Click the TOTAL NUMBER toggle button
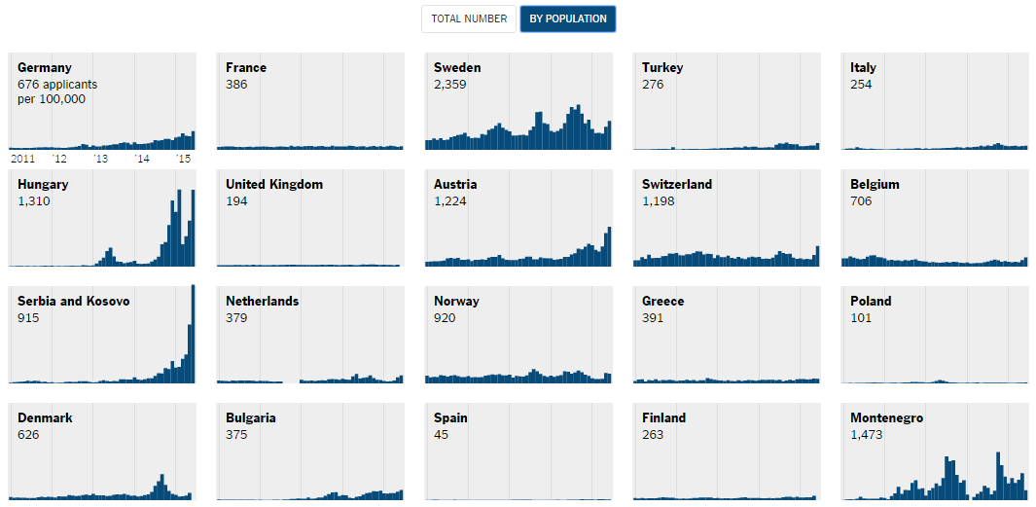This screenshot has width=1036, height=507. (469, 18)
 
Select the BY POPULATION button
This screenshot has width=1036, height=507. (568, 18)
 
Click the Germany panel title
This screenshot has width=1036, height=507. (45, 68)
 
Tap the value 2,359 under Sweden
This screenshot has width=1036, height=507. (450, 85)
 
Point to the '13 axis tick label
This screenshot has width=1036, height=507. (100, 159)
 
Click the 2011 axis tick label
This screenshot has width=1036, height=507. (22, 159)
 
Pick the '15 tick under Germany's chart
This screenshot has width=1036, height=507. (183, 159)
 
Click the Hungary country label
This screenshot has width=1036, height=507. (43, 185)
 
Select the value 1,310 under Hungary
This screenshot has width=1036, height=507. (34, 201)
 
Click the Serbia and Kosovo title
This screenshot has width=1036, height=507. (74, 302)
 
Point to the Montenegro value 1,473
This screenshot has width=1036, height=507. (867, 435)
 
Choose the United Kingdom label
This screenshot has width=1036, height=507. (274, 185)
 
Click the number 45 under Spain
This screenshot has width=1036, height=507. (442, 435)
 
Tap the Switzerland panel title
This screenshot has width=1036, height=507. (677, 185)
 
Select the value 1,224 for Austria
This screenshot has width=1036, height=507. (450, 201)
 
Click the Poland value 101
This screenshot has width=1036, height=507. (861, 318)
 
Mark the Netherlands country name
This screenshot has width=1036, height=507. (263, 302)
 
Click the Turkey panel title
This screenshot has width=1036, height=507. (662, 68)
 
